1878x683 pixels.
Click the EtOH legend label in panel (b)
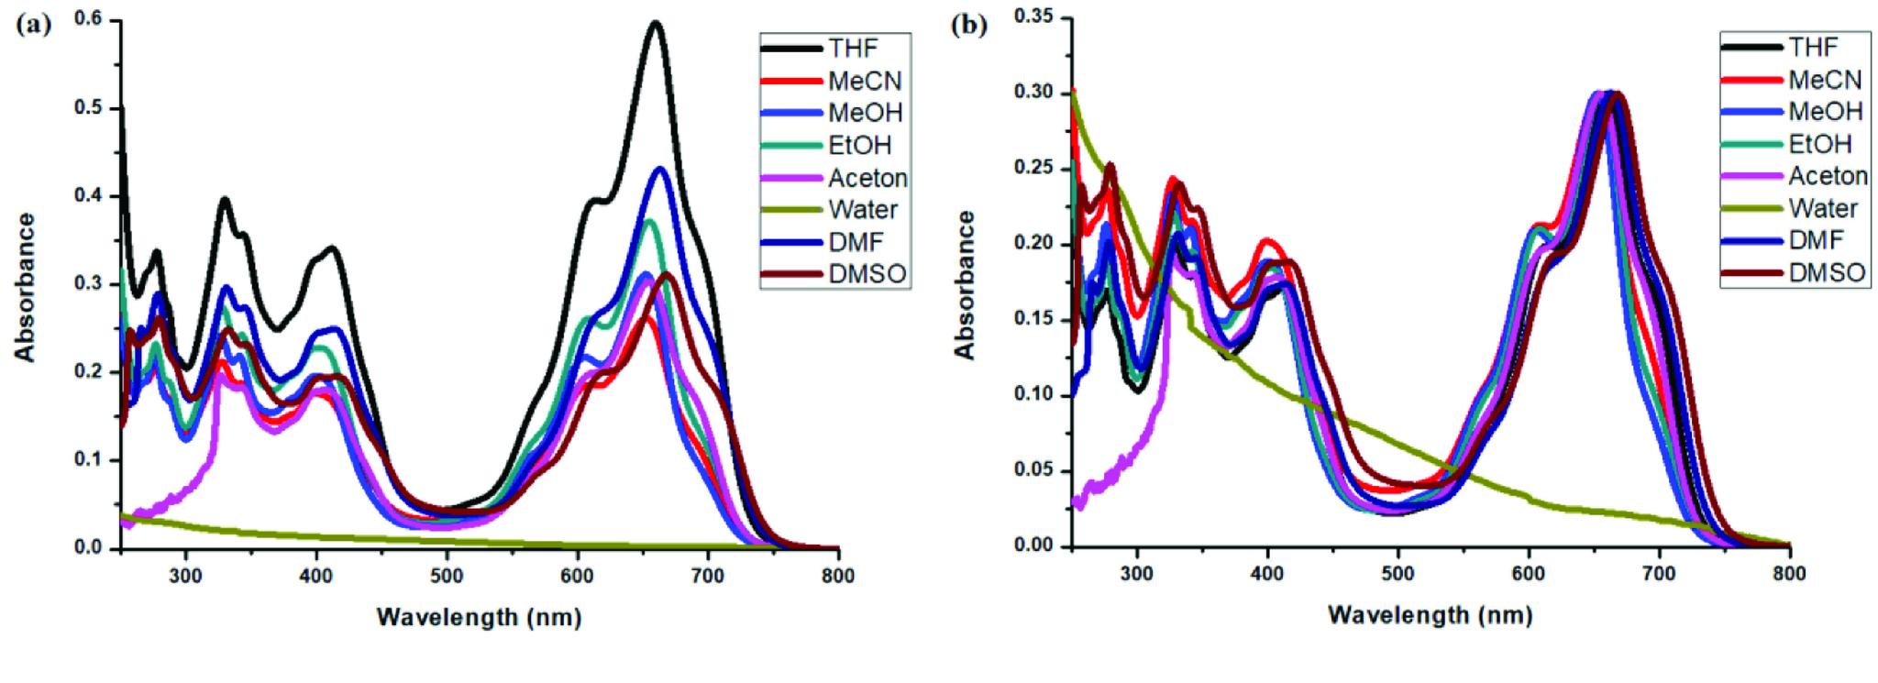(x=1819, y=144)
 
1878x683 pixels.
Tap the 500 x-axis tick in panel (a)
(x=447, y=576)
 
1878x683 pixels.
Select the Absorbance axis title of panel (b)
(x=965, y=284)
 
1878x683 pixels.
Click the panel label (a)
(x=34, y=26)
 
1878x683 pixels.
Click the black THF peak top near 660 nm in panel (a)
(x=655, y=23)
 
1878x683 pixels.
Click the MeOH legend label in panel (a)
(x=866, y=113)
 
